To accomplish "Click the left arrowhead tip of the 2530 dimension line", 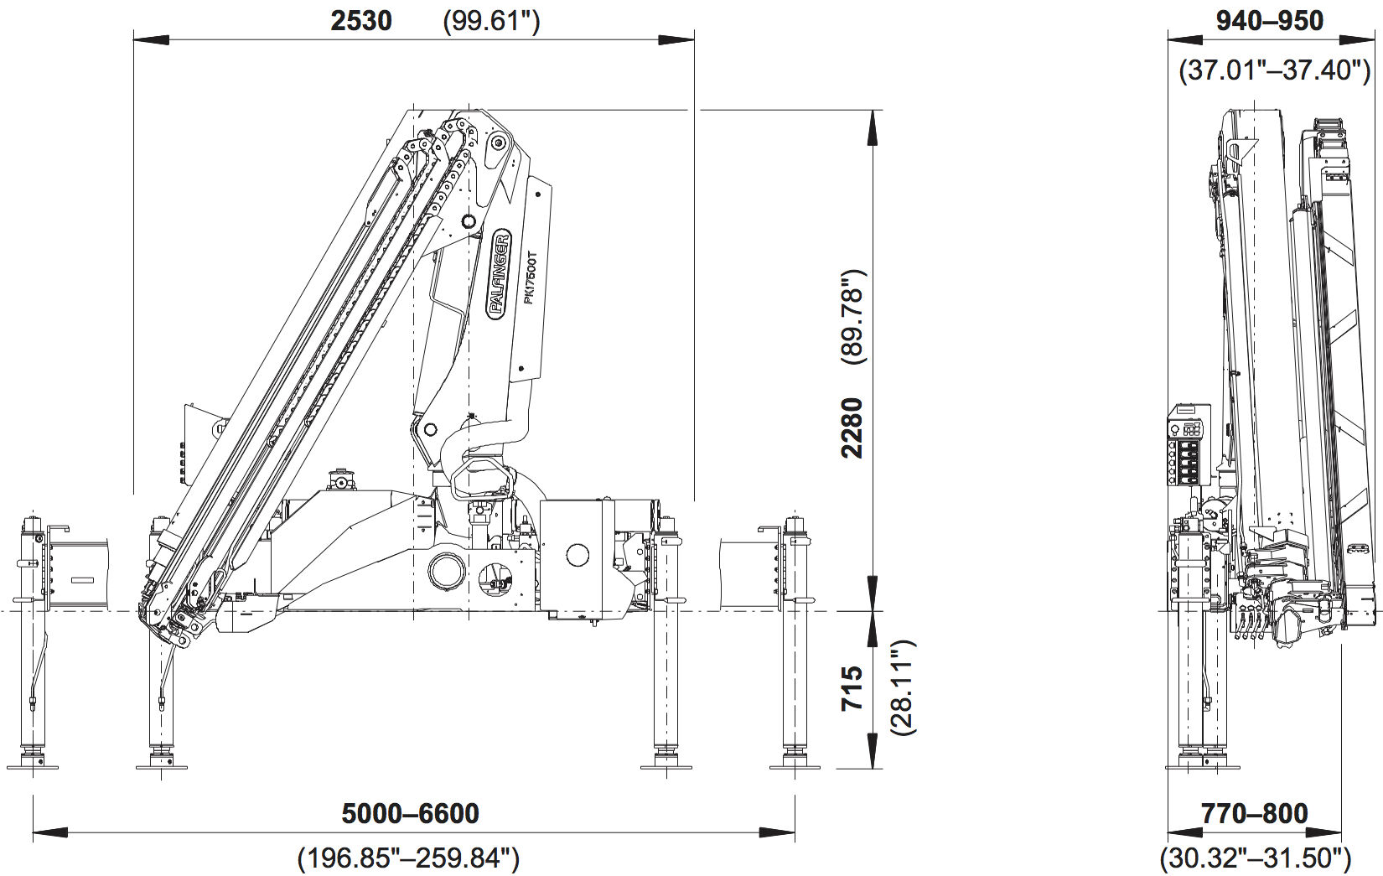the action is [x=134, y=40].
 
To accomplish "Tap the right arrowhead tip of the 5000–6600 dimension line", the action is [x=795, y=832].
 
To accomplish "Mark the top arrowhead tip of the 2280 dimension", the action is [x=873, y=111].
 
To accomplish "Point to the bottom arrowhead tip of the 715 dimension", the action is [x=873, y=769].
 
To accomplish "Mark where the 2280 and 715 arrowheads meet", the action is [x=873, y=611].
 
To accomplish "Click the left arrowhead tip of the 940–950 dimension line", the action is [x=1168, y=40].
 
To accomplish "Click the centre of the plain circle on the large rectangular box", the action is [x=578, y=555].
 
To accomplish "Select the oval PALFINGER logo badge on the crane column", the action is [x=498, y=275].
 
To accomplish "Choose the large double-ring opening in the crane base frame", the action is [x=446, y=571].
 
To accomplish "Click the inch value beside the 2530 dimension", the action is [x=491, y=22].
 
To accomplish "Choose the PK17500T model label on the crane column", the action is [x=530, y=277].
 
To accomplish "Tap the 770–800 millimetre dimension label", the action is [x=1255, y=814].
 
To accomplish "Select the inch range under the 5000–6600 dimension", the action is [x=409, y=858].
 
